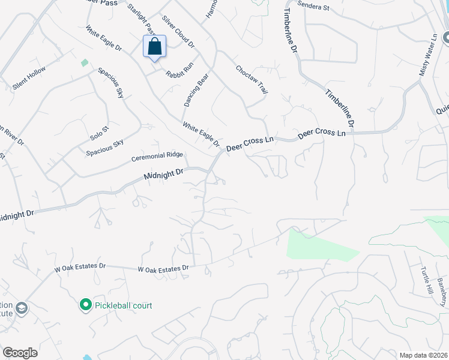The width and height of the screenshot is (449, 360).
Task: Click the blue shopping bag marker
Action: coord(154,46)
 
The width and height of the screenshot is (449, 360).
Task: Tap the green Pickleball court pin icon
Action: coord(85,305)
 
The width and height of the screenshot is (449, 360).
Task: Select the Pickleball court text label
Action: coord(124,306)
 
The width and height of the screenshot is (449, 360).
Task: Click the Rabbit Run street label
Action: coord(179,68)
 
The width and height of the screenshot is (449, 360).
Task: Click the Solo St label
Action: coord(99,133)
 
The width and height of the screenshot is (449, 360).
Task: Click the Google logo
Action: coord(20,353)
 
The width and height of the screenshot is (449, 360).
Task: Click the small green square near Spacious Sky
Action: coord(84,62)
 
